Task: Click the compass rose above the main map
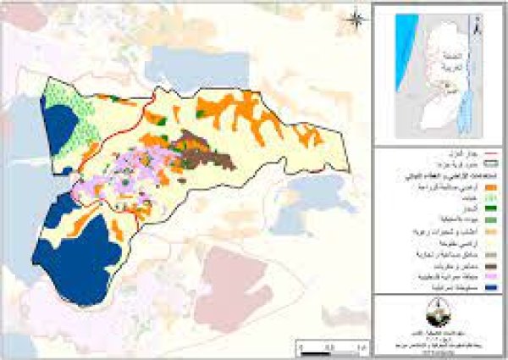click(x=357, y=17)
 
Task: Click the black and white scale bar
click(x=334, y=346)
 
